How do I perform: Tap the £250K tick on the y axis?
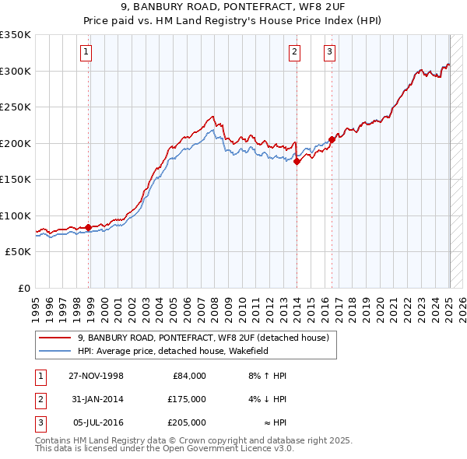click(x=16, y=107)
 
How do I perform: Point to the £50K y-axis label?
click(x=17, y=252)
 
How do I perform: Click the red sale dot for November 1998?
click(x=88, y=227)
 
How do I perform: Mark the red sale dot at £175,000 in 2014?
click(x=297, y=162)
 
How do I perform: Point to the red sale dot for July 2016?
click(x=332, y=139)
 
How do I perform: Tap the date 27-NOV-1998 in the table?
click(x=97, y=376)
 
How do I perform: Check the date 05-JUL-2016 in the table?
click(x=97, y=422)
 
